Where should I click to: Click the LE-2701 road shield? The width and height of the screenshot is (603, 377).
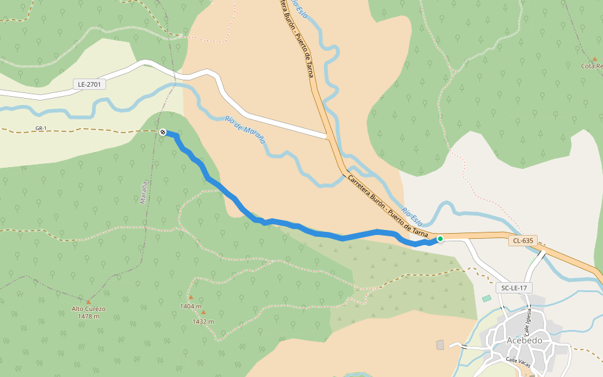pos(89,84)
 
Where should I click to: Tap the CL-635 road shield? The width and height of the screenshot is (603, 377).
pos(523,240)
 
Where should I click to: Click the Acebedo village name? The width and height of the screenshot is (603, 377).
pos(524,340)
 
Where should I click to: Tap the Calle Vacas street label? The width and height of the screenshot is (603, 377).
pos(519,360)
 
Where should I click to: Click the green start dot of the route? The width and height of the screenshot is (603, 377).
pos(440,239)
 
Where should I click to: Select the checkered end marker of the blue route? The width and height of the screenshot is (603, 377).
pos(163,132)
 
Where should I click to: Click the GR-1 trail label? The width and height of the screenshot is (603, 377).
pos(41,129)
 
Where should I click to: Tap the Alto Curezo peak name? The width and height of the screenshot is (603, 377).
pos(89,309)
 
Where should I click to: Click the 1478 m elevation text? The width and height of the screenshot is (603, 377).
pos(89,316)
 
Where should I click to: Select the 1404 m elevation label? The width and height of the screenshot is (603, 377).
pos(190,306)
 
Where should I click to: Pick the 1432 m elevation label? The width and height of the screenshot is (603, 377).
pos(203,321)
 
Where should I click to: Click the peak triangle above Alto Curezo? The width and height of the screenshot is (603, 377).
pos(88,302)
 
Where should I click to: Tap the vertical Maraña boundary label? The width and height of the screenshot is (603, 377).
pos(144,192)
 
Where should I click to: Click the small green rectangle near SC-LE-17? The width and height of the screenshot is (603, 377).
pos(487,298)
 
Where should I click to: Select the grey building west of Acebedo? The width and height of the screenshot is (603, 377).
pos(440,345)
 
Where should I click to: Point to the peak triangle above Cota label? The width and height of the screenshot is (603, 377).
pos(595,58)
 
